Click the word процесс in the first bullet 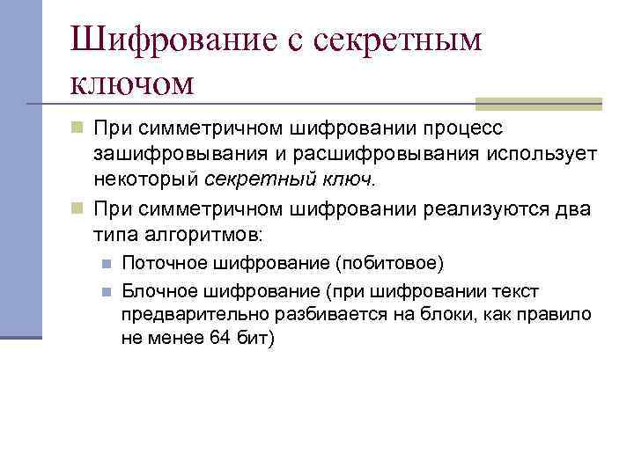459,129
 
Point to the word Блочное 155,291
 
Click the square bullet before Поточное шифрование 105,263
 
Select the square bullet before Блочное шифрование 105,291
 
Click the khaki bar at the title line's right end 538,103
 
